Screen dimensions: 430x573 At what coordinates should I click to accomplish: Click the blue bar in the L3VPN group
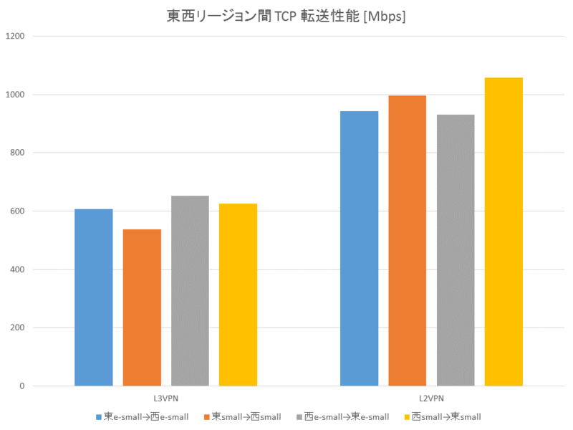94,297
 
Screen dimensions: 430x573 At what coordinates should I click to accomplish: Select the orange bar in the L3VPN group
142,307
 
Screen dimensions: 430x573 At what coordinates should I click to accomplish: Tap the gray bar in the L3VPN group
190,291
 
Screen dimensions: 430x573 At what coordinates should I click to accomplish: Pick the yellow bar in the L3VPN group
238,295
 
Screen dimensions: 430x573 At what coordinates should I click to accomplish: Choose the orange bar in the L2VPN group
408,241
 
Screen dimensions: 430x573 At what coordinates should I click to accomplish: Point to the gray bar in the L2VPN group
456,250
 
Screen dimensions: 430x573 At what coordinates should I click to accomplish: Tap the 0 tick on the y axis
21,386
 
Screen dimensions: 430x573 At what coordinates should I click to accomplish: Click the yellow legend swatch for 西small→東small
407,416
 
